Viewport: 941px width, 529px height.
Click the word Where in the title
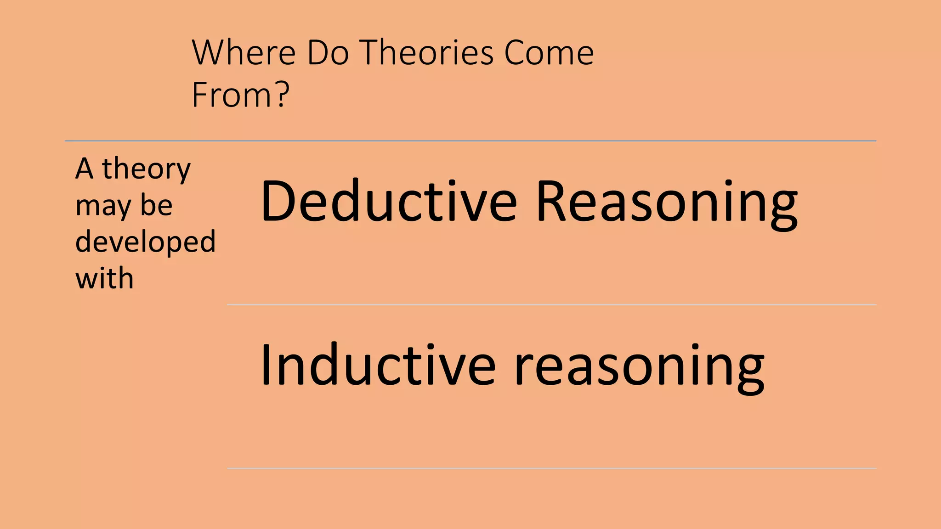click(244, 53)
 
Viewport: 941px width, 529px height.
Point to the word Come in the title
click(549, 53)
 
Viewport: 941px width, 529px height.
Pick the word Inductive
click(378, 366)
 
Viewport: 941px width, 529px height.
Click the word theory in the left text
click(146, 169)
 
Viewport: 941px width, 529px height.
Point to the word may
click(103, 207)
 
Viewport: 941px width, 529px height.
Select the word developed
click(145, 242)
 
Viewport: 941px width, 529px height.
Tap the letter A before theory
click(85, 169)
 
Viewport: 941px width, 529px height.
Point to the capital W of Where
click(210, 53)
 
